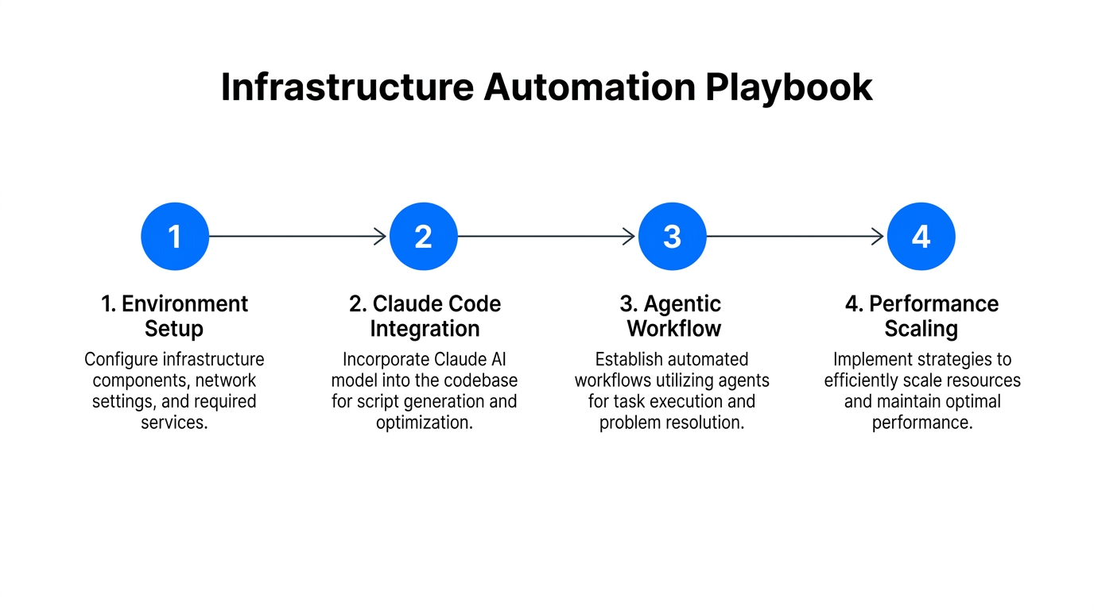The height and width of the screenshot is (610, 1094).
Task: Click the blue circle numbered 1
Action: pyautogui.click(x=175, y=237)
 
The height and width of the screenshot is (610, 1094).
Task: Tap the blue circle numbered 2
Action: pyautogui.click(x=424, y=237)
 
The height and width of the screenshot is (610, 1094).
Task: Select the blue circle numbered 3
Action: pyautogui.click(x=673, y=237)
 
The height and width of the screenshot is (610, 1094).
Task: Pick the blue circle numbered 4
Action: pyautogui.click(x=921, y=237)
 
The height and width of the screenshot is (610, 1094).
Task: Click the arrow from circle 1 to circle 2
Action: pyautogui.click(x=298, y=237)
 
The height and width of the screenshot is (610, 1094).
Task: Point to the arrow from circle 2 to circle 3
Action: pyautogui.click(x=547, y=237)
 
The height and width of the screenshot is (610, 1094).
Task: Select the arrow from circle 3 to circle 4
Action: pyautogui.click(x=796, y=237)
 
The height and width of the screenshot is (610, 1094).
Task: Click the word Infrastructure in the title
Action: pyautogui.click(x=347, y=87)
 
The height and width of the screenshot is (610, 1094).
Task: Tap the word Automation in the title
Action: pyautogui.click(x=589, y=87)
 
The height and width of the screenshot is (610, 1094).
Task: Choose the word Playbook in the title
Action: pyautogui.click(x=789, y=87)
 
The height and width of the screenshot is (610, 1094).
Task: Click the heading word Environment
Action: pyautogui.click(x=185, y=304)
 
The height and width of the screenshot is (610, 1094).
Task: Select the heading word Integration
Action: pyautogui.click(x=425, y=329)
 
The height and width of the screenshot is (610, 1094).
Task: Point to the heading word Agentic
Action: pyautogui.click(x=682, y=304)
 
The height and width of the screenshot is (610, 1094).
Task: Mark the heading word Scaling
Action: pyautogui.click(x=921, y=329)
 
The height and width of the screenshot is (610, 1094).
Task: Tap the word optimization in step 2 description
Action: pyautogui.click(x=425, y=423)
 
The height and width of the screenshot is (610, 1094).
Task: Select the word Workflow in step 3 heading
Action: pyautogui.click(x=673, y=329)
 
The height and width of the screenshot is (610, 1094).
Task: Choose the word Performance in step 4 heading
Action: pyautogui.click(x=933, y=304)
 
